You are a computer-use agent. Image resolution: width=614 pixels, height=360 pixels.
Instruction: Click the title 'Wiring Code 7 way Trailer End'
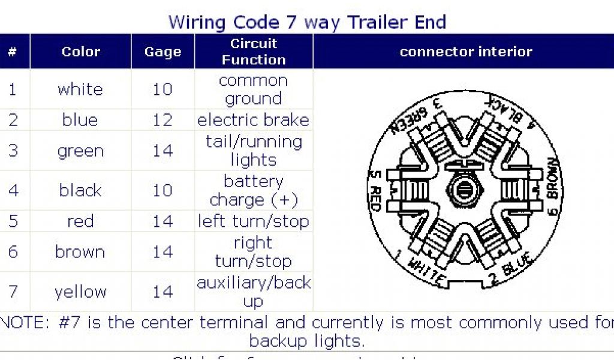pyautogui.click(x=307, y=22)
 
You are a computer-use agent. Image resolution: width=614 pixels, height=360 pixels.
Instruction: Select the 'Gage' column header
pyautogui.click(x=162, y=52)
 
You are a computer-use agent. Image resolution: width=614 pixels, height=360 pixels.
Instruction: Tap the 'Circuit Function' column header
pyautogui.click(x=254, y=52)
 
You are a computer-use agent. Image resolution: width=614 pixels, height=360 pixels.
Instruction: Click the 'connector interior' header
pyautogui.click(x=466, y=52)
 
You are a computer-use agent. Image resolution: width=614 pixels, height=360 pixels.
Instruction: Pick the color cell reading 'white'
pyautogui.click(x=80, y=89)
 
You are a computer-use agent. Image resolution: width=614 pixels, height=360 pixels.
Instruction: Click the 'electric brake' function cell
pyautogui.click(x=254, y=120)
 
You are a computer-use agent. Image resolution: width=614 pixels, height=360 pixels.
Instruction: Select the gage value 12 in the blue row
pyautogui.click(x=162, y=120)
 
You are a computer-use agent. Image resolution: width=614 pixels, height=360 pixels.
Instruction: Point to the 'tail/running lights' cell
pyautogui.click(x=254, y=151)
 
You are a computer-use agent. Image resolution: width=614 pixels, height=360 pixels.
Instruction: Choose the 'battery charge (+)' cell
pyautogui.click(x=254, y=190)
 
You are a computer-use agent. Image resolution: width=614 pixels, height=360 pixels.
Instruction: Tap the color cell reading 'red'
pyautogui.click(x=80, y=221)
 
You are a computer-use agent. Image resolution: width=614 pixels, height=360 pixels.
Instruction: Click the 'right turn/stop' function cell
pyautogui.click(x=254, y=252)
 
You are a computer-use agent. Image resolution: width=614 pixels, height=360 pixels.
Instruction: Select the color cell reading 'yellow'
pyautogui.click(x=80, y=292)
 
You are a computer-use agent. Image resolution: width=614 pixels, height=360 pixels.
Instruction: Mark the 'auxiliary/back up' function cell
pyautogui.click(x=254, y=292)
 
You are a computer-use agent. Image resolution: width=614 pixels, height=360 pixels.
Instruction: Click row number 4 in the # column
pyautogui.click(x=13, y=190)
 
